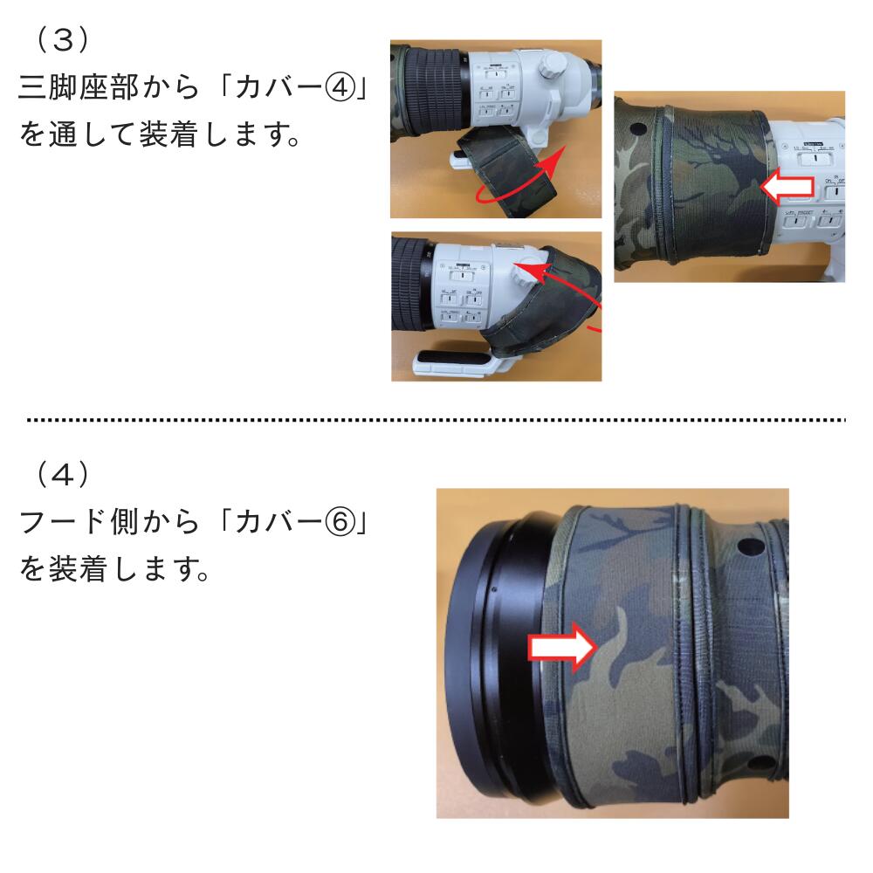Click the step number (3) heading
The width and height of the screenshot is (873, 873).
click(x=62, y=40)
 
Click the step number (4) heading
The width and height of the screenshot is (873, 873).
click(x=62, y=474)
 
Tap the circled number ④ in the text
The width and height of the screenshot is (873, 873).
click(x=340, y=87)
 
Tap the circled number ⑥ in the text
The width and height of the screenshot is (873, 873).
click(x=340, y=522)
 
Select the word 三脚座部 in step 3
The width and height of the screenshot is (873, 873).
click(x=78, y=87)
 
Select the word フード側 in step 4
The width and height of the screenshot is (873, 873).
click(x=78, y=522)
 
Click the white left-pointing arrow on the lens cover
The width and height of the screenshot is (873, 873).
click(x=787, y=187)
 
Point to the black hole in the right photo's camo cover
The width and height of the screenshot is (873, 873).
click(x=638, y=129)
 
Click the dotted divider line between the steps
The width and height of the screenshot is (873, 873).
click(x=436, y=419)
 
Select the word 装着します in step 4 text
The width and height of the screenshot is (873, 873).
click(x=130, y=569)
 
